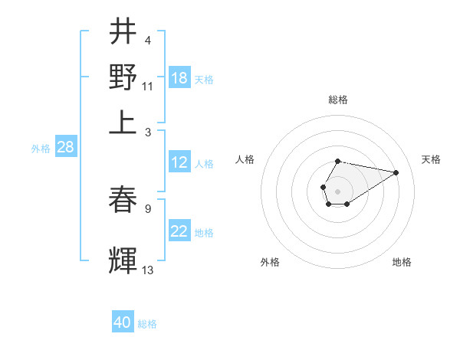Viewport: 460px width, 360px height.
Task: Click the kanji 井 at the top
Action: [123, 31]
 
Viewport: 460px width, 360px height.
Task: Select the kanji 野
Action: [123, 77]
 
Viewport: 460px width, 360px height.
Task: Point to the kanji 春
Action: [123, 201]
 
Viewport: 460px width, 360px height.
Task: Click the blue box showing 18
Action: [179, 78]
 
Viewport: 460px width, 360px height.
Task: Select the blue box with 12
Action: [179, 162]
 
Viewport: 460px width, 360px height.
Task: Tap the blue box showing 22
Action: [179, 232]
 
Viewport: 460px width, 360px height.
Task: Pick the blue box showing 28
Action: [65, 148]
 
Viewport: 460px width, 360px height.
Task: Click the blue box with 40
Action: [123, 322]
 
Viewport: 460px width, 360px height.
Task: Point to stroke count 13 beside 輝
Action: [148, 270]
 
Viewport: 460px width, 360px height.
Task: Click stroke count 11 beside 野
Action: [148, 86]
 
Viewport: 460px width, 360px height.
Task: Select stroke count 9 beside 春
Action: [147, 208]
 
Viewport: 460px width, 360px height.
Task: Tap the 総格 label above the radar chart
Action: [337, 100]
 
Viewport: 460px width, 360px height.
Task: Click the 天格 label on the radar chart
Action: [432, 159]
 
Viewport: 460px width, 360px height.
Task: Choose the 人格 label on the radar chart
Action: [245, 159]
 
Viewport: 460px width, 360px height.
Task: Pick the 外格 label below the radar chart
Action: [270, 262]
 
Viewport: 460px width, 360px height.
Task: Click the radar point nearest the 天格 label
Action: [396, 172]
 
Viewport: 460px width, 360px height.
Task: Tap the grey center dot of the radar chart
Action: [337, 190]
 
